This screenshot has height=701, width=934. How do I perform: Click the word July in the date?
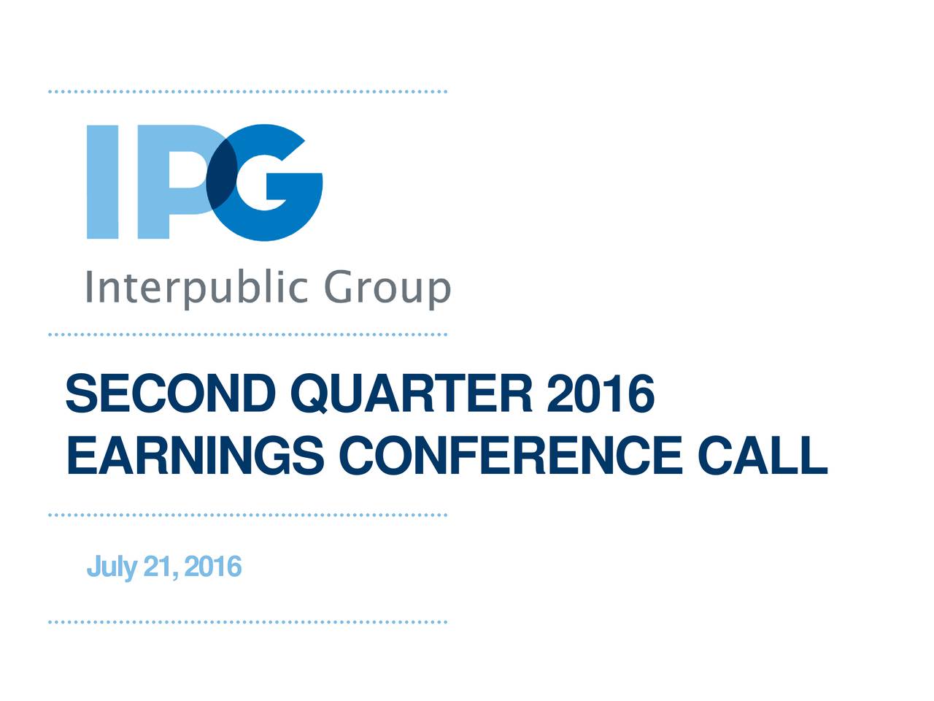click(111, 567)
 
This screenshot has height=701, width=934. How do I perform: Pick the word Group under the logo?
click(387, 290)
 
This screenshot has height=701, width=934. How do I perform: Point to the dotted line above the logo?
click(247, 92)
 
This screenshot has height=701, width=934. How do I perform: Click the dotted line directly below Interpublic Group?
click(247, 334)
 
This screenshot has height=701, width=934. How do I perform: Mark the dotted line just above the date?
click(247, 515)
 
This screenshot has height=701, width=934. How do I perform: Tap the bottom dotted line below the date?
click(247, 622)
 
